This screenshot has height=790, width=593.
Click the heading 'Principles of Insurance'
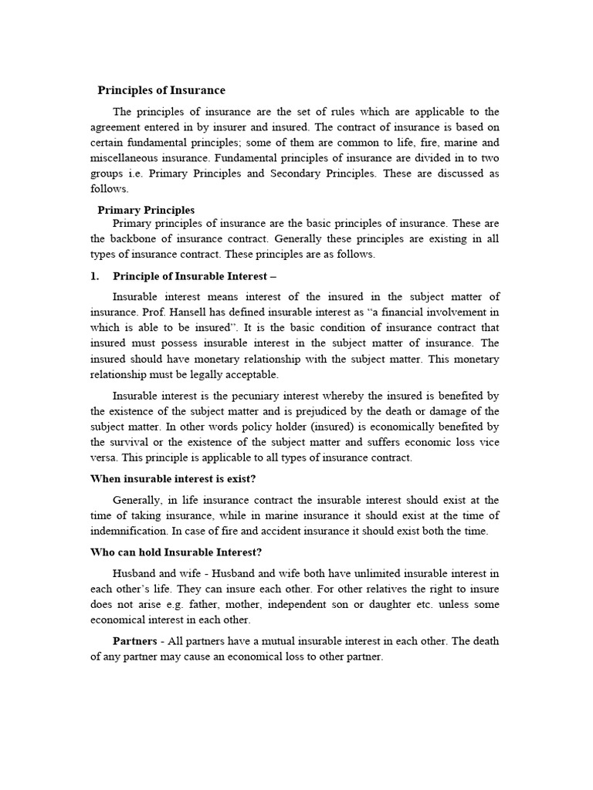161,90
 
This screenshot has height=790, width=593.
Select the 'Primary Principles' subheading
146,210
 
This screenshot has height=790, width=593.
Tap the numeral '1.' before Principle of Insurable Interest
96,275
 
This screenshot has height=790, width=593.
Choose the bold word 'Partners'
136,641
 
